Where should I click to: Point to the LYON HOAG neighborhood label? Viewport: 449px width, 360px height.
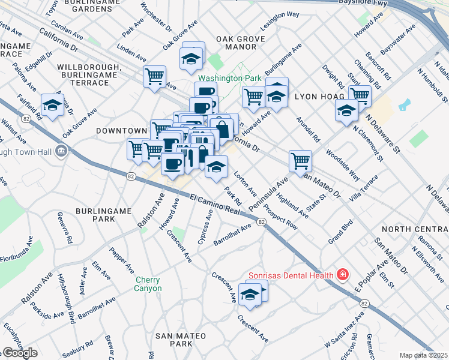pyautogui.click(x=319, y=96)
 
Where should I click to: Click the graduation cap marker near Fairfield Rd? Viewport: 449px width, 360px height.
pyautogui.click(x=53, y=106)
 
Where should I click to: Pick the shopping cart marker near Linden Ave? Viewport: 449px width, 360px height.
pyautogui.click(x=155, y=77)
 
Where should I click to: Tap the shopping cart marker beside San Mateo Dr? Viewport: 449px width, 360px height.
pyautogui.click(x=300, y=160)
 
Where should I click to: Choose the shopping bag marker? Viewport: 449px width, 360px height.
pyautogui.click(x=221, y=128)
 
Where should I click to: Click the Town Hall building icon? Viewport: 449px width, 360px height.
pyautogui.click(x=61, y=150)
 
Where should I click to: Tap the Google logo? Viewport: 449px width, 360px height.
pyautogui.click(x=20, y=353)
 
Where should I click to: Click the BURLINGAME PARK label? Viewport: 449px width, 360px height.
pyautogui.click(x=95, y=215)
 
